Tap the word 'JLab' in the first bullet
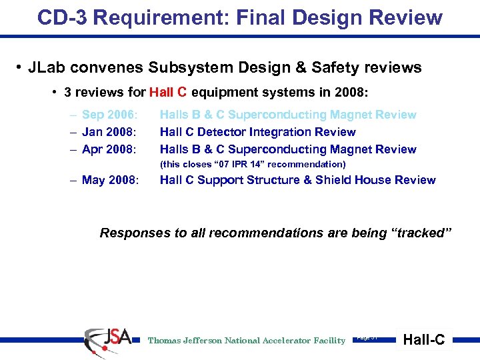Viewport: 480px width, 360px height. [48, 67]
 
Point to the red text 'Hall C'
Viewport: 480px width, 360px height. [168, 92]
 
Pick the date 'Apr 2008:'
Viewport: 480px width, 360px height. [109, 149]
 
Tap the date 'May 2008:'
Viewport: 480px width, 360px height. [110, 180]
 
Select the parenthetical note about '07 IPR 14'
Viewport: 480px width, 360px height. [253, 164]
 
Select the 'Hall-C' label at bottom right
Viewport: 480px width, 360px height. [424, 340]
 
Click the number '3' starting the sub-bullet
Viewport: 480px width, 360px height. [68, 92]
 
